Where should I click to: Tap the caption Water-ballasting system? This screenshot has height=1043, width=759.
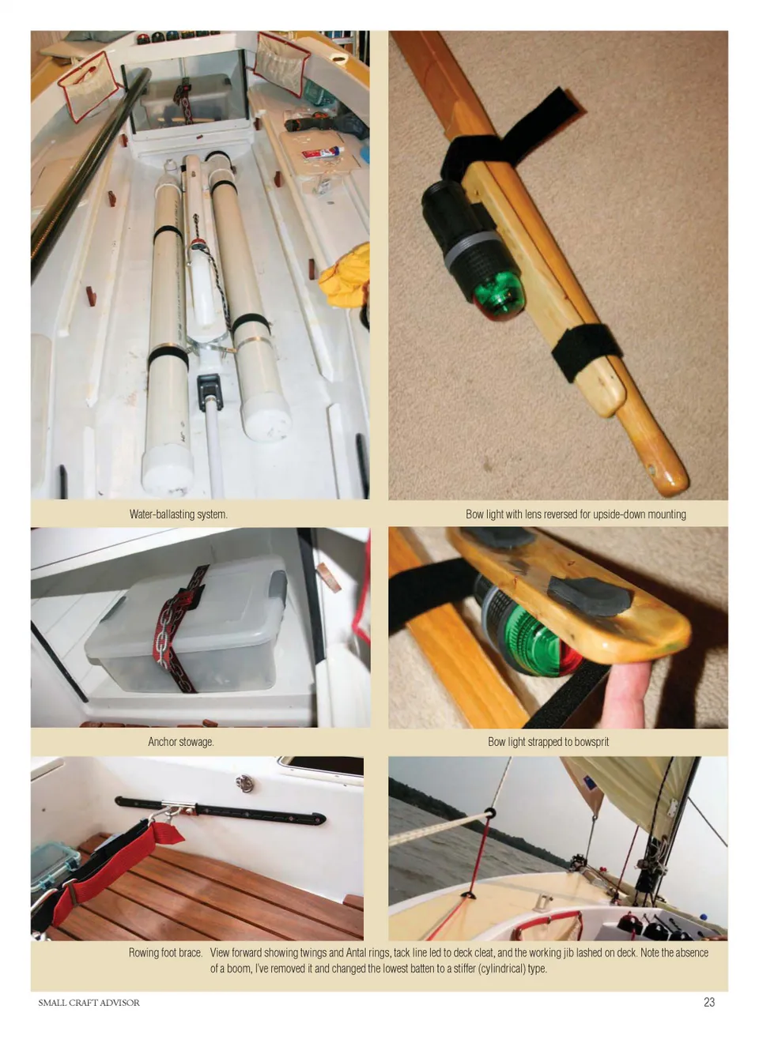(179, 514)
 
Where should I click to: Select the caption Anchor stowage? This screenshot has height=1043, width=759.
(181, 742)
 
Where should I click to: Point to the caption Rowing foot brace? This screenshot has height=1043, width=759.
(165, 952)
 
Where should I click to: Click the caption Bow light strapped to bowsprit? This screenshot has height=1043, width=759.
(548, 742)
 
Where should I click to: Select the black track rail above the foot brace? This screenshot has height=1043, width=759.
(220, 811)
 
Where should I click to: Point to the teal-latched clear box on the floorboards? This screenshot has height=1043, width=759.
(52, 866)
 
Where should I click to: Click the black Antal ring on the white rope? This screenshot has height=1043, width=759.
(489, 813)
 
